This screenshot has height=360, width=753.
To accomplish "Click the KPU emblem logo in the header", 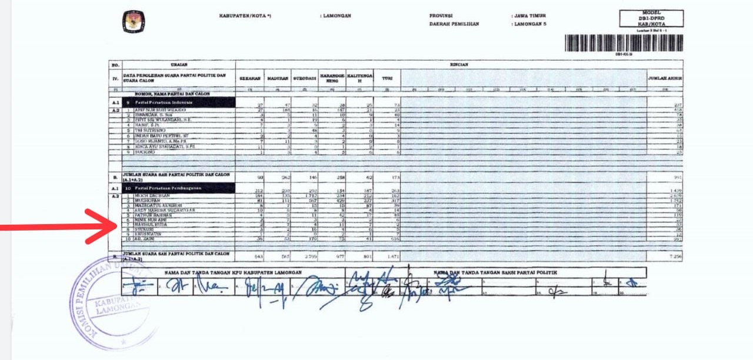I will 133,22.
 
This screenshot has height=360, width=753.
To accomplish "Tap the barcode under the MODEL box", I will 624,43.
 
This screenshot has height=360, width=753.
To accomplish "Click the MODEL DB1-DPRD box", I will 651,18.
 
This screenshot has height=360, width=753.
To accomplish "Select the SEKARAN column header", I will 248,78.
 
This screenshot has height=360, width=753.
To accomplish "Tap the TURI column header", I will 387,78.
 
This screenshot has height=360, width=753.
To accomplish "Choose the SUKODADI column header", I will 304,78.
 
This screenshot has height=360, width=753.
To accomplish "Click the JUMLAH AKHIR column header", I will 665,78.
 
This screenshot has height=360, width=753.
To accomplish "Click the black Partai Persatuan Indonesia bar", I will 178,102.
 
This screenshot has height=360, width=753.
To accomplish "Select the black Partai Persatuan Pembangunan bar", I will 178,188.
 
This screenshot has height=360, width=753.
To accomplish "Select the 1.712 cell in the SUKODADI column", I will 305,195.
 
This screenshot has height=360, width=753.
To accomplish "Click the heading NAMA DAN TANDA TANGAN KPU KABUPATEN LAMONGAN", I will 233,272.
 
